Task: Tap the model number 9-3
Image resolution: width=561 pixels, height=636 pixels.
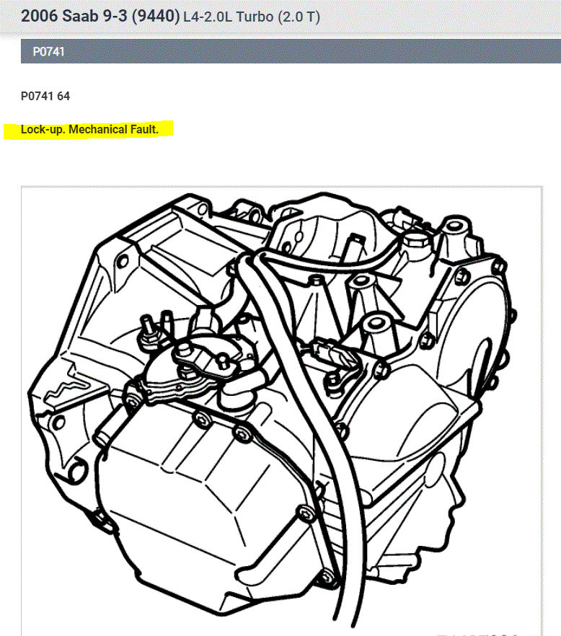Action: click(x=116, y=16)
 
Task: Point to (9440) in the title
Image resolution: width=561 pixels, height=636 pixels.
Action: click(x=156, y=16)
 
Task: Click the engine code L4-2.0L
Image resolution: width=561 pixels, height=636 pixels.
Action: click(x=212, y=16)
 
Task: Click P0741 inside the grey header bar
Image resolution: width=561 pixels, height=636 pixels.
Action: click(x=48, y=52)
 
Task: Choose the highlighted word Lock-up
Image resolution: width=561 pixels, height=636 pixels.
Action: click(x=43, y=131)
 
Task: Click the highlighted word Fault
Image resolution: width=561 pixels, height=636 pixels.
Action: click(x=145, y=131)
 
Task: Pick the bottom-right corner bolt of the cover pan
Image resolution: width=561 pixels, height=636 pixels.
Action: click(x=327, y=575)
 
